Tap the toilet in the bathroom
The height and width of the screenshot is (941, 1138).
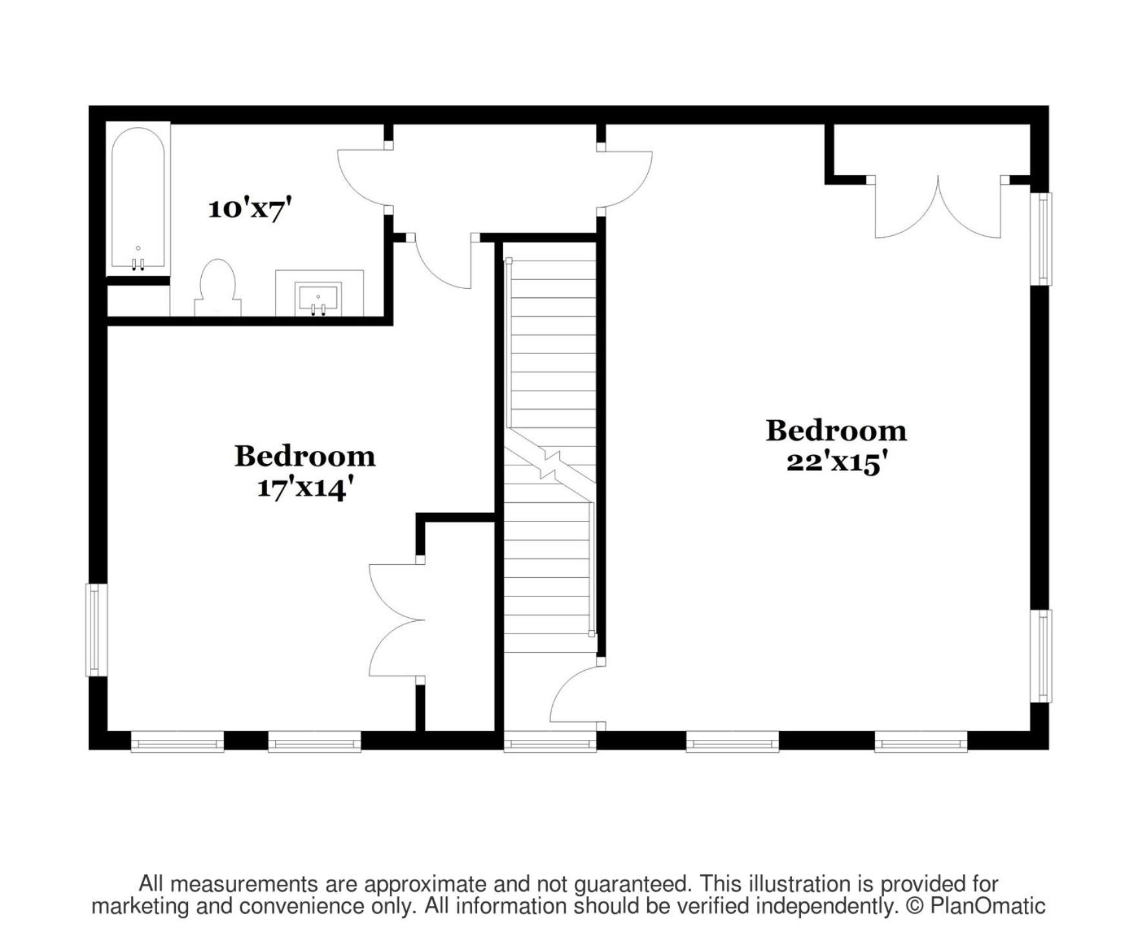[218, 288]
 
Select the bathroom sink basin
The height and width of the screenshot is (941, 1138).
[318, 299]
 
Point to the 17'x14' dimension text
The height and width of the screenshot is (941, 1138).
[305, 487]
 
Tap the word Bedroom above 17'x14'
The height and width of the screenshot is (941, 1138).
[305, 456]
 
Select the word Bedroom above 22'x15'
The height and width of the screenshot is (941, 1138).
[836, 431]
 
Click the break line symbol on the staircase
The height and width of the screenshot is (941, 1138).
[550, 463]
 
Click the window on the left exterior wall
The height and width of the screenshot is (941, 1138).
[96, 630]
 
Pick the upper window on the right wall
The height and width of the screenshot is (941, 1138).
[1041, 238]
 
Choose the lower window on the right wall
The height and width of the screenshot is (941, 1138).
[1041, 656]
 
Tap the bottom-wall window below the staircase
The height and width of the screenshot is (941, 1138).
[550, 742]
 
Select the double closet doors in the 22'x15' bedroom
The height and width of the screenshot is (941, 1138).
[938, 207]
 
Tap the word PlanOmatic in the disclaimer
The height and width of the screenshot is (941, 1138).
[987, 906]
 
